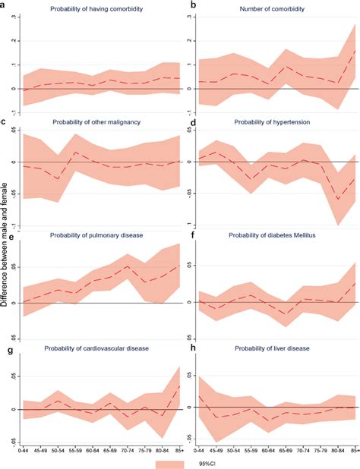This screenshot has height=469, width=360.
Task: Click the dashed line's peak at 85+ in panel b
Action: pos(354,50)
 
